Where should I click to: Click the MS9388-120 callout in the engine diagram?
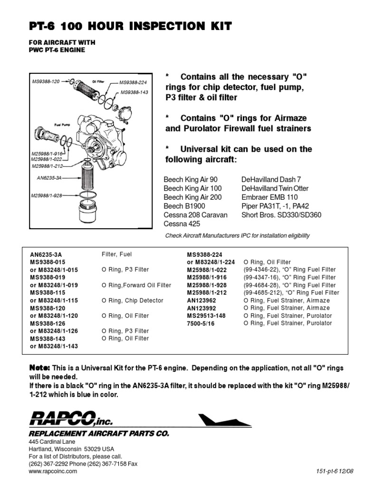pos(46,82)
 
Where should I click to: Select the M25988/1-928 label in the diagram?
pos(47,195)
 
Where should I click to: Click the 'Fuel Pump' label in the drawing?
pos(62,124)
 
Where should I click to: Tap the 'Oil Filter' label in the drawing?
pos(98,82)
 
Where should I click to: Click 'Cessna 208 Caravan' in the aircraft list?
pos(195,215)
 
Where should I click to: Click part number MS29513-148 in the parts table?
pos(206,316)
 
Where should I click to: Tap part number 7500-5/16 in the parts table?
pos(201,323)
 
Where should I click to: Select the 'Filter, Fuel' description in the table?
pos(116,254)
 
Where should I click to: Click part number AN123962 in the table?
pos(202,301)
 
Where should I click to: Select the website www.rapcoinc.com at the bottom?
pos(53,471)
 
